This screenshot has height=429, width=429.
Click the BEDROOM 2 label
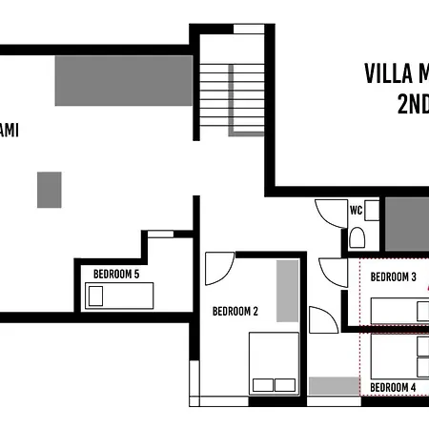(x=235, y=311)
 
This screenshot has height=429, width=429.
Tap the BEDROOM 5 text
(x=116, y=275)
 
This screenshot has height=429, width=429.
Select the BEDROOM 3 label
(x=394, y=277)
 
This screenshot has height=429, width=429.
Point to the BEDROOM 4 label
(x=393, y=387)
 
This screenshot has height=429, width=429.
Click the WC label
(x=356, y=210)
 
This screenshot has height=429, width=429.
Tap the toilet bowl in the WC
(x=357, y=235)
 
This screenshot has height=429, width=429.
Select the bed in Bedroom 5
(x=120, y=296)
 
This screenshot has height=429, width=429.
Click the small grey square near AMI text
(x=50, y=190)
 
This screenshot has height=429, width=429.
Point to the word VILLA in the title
(x=387, y=74)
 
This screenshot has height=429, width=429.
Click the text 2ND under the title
(x=412, y=104)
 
